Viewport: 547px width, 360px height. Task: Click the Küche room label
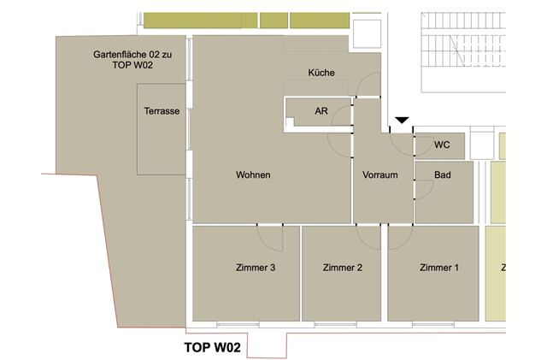(x=321, y=73)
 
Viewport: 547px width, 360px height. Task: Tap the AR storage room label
(x=321, y=111)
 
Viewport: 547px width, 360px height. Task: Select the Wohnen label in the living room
(x=253, y=175)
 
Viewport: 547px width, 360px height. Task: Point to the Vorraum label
(x=380, y=175)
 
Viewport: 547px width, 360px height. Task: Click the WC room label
(x=442, y=145)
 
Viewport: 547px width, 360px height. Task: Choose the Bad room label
(x=442, y=175)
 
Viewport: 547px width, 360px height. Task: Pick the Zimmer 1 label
(x=439, y=268)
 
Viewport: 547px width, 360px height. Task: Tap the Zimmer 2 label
(x=343, y=268)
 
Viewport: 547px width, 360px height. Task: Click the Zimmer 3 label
(x=255, y=268)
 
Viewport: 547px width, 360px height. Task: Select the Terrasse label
(x=162, y=112)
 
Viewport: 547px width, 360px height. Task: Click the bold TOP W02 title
(x=214, y=348)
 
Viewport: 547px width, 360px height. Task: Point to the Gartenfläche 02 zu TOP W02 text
(x=132, y=59)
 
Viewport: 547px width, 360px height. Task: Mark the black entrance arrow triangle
(x=403, y=121)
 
